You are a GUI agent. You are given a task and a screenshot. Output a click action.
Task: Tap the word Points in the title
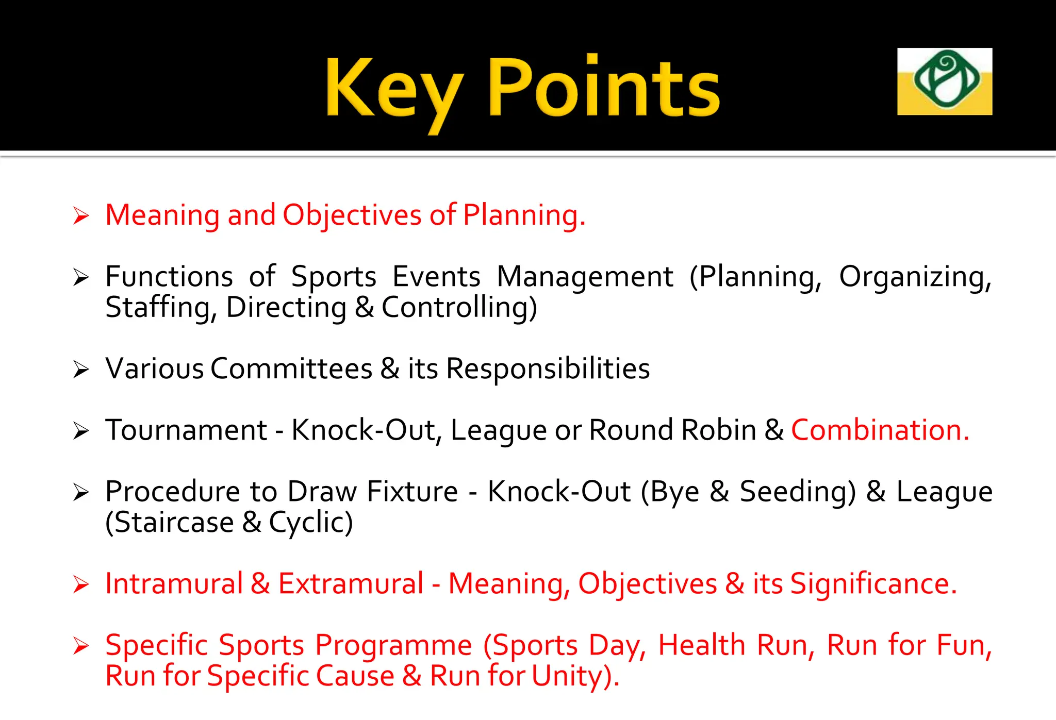[604, 88]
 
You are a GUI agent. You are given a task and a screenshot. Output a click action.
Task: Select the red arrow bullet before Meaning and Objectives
[81, 215]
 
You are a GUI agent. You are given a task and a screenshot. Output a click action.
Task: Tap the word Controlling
[459, 308]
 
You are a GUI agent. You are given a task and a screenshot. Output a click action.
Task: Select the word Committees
[291, 369]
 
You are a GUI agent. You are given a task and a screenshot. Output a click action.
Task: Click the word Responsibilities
[548, 369]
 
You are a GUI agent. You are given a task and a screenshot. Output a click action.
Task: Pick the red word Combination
[880, 430]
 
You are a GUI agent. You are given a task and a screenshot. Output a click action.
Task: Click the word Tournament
[186, 430]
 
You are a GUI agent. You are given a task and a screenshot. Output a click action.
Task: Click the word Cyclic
[311, 523]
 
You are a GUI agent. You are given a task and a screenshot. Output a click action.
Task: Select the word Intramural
[174, 584]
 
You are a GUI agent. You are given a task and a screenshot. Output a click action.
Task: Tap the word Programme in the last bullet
[393, 645]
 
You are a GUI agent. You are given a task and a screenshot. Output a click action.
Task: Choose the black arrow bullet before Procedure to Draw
[81, 492]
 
